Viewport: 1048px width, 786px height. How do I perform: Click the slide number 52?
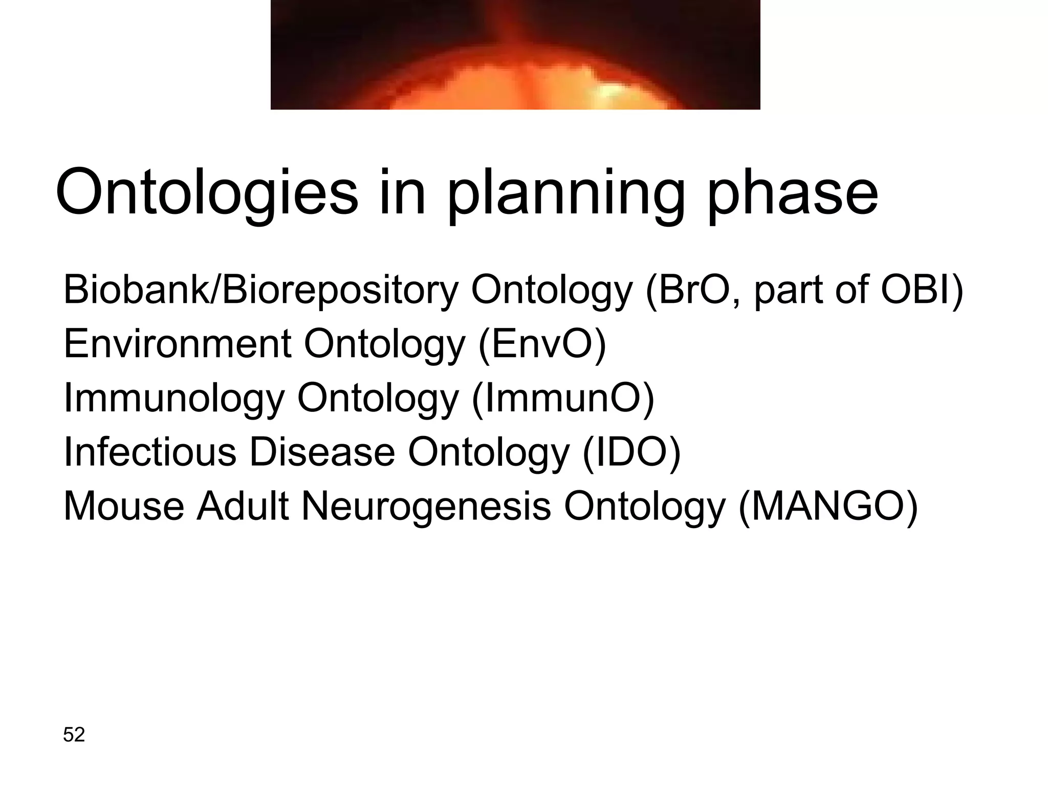click(x=74, y=734)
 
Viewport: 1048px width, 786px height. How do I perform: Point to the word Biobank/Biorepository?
click(x=260, y=290)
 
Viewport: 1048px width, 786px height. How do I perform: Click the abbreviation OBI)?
click(x=922, y=290)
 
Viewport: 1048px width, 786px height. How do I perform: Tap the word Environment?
click(x=177, y=344)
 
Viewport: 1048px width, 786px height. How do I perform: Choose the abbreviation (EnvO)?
click(x=542, y=344)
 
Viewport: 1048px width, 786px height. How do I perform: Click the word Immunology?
click(x=173, y=398)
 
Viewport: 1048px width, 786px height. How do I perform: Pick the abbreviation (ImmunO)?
click(x=562, y=398)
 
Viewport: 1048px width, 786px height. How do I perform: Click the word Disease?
click(x=322, y=452)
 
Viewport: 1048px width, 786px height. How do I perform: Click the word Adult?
click(x=243, y=507)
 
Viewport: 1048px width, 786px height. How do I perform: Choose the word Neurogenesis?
click(x=426, y=507)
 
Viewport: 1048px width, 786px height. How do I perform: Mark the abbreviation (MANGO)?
click(x=827, y=507)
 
